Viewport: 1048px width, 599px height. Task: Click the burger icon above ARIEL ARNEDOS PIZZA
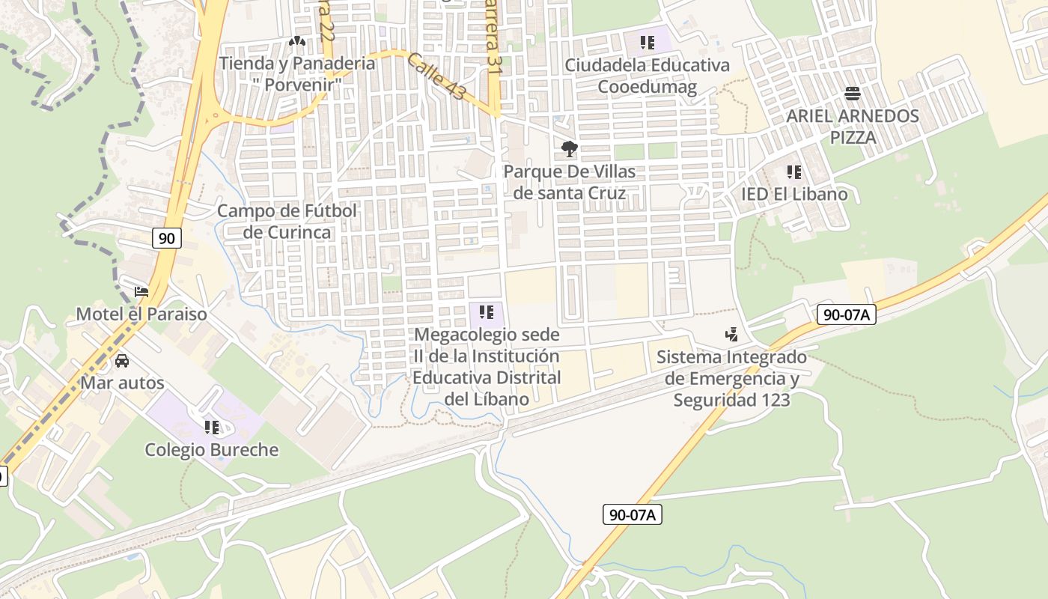pos(852,94)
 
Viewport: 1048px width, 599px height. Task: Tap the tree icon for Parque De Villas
pos(570,149)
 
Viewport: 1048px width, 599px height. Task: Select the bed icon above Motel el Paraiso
pos(141,291)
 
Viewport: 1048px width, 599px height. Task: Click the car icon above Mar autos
pos(122,361)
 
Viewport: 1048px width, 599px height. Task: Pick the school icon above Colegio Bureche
pos(212,428)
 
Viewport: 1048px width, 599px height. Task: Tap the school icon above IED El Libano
pos(794,172)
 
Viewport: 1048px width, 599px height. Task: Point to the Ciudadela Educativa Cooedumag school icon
pos(648,43)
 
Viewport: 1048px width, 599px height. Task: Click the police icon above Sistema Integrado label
pos(731,335)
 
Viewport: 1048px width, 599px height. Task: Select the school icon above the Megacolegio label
pos(487,311)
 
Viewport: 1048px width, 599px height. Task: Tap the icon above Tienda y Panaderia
pos(297,41)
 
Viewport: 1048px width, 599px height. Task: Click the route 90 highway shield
pos(166,238)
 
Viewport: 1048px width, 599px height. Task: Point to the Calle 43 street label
pos(436,76)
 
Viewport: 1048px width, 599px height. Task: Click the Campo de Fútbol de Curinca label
pos(287,222)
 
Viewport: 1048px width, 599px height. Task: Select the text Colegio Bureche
pos(211,450)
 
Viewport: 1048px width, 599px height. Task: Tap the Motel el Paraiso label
pos(141,314)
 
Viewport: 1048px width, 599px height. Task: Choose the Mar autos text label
pos(122,383)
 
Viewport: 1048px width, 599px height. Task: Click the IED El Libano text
pos(794,195)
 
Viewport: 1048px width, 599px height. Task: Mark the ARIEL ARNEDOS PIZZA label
pos(852,127)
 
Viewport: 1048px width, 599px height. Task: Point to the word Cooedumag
pos(647,87)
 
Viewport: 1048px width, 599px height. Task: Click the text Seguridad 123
pos(731,400)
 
